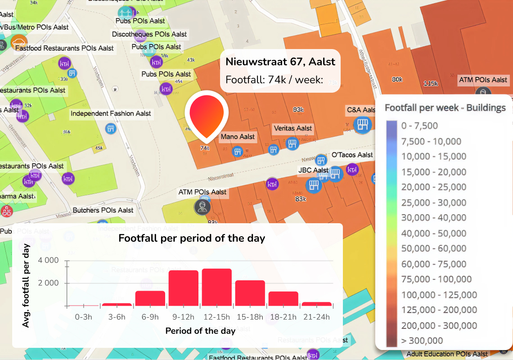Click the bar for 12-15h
[x=216, y=288]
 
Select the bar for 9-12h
[x=183, y=288]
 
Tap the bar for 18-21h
[x=283, y=299]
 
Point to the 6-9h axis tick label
[x=150, y=317]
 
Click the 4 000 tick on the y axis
[x=49, y=261]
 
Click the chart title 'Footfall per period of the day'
[x=192, y=238]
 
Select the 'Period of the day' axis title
[x=200, y=331]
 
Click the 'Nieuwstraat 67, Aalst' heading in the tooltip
[x=280, y=62]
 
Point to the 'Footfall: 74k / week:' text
[x=274, y=80]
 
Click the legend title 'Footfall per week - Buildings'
[x=445, y=108]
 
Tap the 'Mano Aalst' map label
[x=238, y=137]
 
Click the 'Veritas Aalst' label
[x=292, y=128]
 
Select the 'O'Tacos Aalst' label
[x=352, y=155]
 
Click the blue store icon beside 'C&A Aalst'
[x=362, y=125]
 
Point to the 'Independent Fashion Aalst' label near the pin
[x=111, y=114]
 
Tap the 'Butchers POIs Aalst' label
[x=103, y=210]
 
